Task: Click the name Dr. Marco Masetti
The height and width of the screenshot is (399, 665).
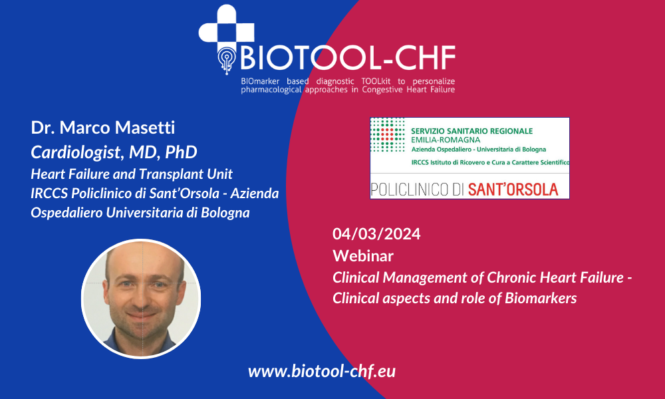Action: coord(102,128)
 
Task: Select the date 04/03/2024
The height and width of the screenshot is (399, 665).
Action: coord(376,234)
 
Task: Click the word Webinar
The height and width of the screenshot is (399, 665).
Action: coord(363,255)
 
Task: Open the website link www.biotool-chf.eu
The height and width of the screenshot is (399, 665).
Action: coord(322,372)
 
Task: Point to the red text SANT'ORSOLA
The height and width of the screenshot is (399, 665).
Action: coord(513,190)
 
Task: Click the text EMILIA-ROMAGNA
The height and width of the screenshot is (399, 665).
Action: coord(446,140)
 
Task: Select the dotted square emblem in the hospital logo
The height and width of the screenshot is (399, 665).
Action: coord(388,135)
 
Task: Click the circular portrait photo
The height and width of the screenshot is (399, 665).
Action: coord(141,299)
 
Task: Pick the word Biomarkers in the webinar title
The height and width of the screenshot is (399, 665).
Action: coord(541,298)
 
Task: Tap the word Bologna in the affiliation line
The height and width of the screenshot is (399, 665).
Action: coord(225,213)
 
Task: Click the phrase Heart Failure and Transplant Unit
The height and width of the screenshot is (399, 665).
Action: coord(132,174)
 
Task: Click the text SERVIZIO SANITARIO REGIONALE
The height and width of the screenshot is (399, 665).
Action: coord(471,131)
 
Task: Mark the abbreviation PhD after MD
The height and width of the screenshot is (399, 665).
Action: coord(181,153)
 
